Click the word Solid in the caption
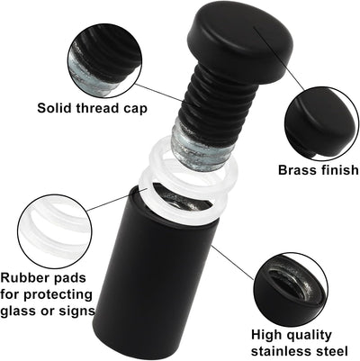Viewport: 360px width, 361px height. pyautogui.click(x=54, y=108)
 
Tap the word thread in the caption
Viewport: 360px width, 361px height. pyautogui.click(x=97, y=108)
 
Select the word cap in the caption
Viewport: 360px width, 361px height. pyautogui.click(x=135, y=109)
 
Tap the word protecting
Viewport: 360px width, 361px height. pyautogui.click(x=58, y=295)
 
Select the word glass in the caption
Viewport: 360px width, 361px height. pyautogui.click(x=18, y=311)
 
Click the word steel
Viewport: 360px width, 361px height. pyautogui.click(x=330, y=351)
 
